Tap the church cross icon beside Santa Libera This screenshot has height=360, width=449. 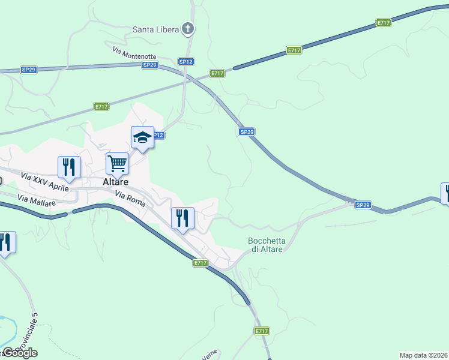188,28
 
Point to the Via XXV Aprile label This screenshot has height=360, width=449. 44,180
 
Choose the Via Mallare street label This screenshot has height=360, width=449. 37,200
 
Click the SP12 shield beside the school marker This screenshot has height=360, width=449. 158,136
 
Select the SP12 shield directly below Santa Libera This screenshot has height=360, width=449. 185,61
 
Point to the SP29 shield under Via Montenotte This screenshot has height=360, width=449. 150,65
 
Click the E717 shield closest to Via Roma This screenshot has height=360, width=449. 200,263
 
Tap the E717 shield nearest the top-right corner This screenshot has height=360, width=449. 384,22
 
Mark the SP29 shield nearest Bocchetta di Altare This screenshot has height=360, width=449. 362,205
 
